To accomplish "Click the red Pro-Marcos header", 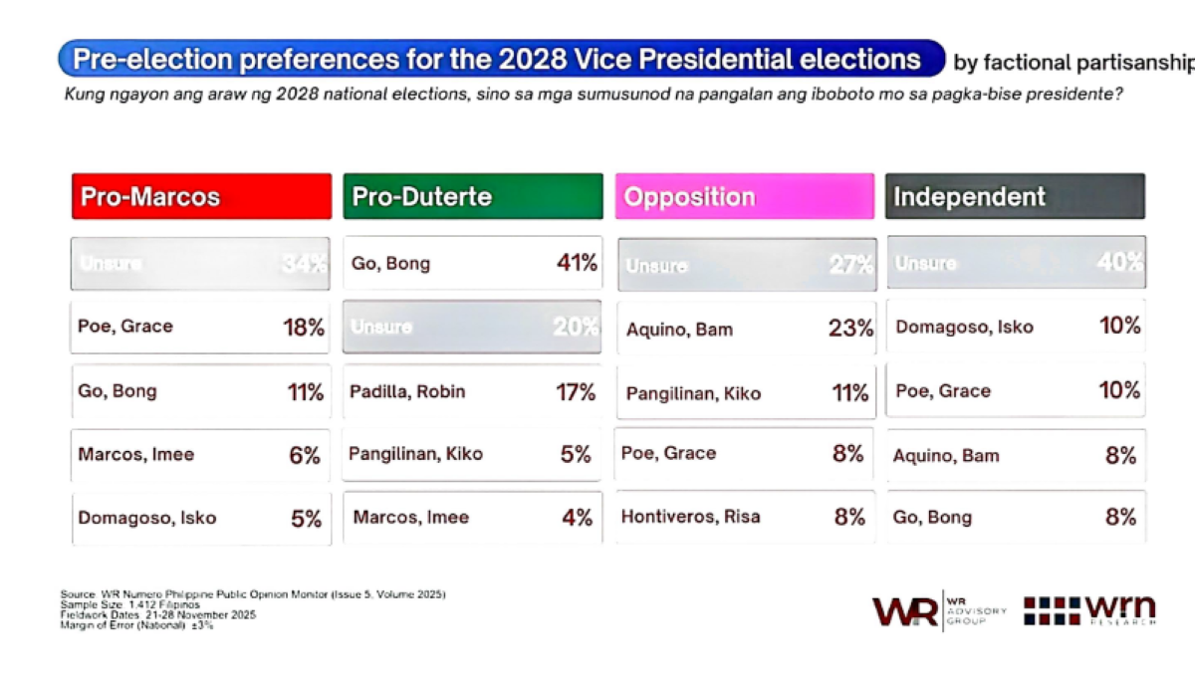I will point(200,196).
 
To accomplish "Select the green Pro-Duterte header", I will point(473,196).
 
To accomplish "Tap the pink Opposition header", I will point(745,196).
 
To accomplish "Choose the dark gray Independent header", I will point(1015,196).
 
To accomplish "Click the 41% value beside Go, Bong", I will point(577,264).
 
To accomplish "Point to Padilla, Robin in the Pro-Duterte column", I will point(407,391).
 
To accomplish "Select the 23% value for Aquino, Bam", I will point(850,329).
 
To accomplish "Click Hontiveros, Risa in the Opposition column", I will point(690,517).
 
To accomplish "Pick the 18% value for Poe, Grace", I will point(304,328).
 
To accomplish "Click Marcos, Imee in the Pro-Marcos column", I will point(136,455).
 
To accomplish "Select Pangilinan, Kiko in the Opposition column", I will point(693,393).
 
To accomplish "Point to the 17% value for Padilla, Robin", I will point(576,392).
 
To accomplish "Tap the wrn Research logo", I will point(1090,610).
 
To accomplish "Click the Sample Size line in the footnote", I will point(129,604).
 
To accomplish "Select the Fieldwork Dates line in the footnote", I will point(157,614).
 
